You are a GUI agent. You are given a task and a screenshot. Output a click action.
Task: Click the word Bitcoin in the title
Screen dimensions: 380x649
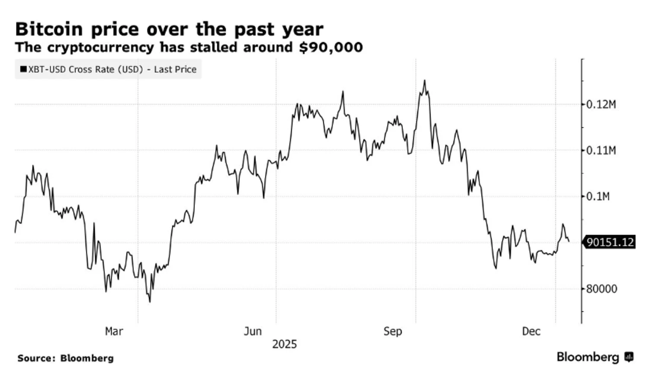click(x=49, y=29)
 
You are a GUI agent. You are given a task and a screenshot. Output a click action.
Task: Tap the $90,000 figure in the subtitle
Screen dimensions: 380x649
click(x=331, y=47)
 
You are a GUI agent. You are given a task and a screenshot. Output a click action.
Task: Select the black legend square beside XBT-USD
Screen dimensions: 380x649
click(x=23, y=69)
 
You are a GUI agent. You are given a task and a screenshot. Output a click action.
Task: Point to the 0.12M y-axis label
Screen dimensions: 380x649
click(x=601, y=104)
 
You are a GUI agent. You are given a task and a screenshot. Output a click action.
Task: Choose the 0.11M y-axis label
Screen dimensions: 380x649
click(x=601, y=151)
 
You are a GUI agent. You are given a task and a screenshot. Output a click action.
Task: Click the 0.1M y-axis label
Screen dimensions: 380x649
click(x=598, y=196)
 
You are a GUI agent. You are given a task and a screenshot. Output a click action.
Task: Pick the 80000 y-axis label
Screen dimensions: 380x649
click(x=601, y=289)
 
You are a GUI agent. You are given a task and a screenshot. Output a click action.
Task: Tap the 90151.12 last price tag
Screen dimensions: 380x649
click(x=610, y=242)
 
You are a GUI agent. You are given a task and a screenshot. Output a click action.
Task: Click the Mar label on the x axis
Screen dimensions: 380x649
click(x=114, y=332)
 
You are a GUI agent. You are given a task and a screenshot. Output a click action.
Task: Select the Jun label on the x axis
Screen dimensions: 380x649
click(x=253, y=332)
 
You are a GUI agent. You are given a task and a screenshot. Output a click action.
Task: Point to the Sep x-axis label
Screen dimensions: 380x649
click(x=392, y=332)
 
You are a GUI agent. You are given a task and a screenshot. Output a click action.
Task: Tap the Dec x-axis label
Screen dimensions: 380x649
click(x=531, y=332)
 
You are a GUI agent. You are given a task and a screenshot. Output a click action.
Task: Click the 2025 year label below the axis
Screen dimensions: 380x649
click(x=284, y=345)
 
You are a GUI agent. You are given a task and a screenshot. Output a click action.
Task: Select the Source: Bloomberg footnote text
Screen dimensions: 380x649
click(x=65, y=358)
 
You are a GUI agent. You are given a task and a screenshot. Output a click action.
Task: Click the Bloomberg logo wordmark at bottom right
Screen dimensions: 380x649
click(x=588, y=357)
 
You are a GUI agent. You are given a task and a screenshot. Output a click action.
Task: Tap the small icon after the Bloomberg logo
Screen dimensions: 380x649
click(x=629, y=357)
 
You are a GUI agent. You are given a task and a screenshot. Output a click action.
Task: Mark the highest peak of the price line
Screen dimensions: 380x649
click(x=424, y=81)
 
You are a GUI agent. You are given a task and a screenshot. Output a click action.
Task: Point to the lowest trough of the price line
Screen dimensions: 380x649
click(x=150, y=302)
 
